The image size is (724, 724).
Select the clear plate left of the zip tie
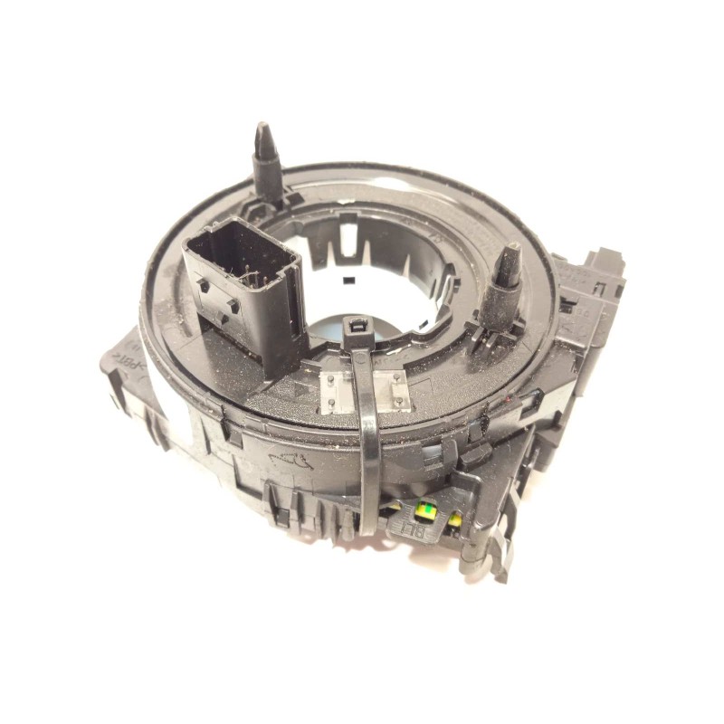pos(335,389)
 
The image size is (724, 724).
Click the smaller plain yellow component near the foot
pos(456,520)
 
